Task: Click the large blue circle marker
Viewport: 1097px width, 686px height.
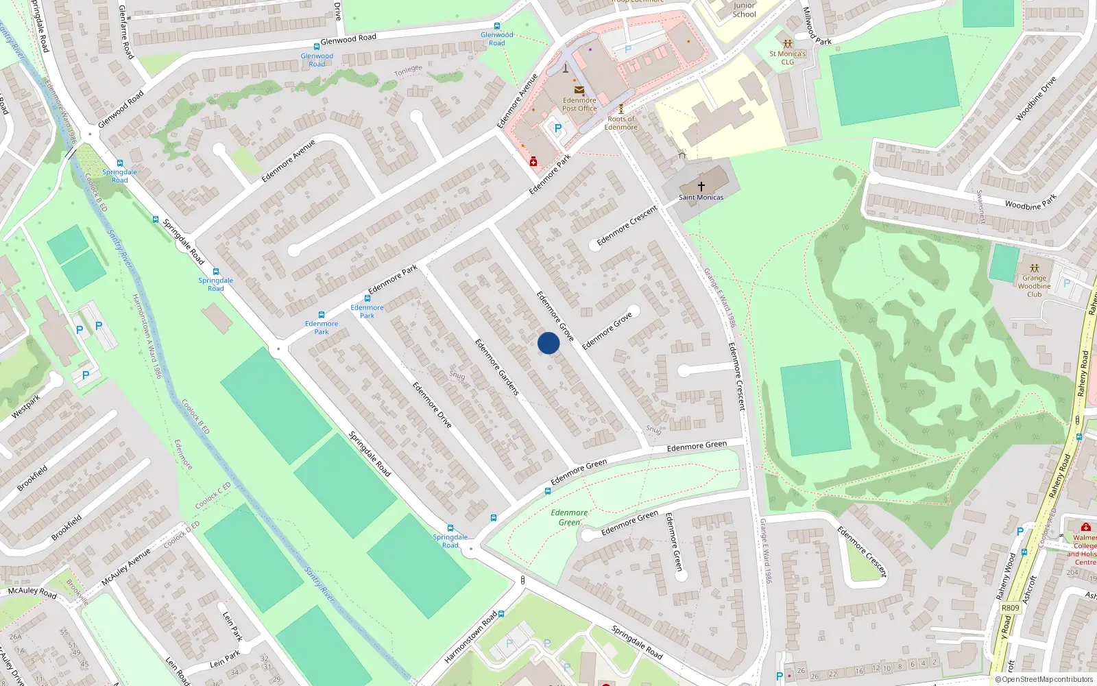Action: (548, 343)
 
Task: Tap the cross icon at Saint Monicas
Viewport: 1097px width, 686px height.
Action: (701, 187)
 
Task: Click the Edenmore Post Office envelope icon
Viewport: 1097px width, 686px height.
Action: (579, 90)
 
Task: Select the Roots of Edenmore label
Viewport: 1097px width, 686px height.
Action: (620, 123)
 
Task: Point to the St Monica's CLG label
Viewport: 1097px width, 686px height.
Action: (787, 58)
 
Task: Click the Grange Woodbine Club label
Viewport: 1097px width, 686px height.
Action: (1034, 286)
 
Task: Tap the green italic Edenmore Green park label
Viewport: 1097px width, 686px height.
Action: (569, 517)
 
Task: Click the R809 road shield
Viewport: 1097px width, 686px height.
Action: (1010, 608)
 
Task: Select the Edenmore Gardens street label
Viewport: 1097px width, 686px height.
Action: (497, 367)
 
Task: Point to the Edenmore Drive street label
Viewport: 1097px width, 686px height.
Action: (432, 405)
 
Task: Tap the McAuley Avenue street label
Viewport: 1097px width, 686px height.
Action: (125, 567)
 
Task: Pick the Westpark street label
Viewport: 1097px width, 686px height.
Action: (26, 407)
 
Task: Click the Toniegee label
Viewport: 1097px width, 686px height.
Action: (408, 71)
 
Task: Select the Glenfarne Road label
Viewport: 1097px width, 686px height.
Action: (125, 31)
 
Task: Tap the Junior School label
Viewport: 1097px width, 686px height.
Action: (744, 10)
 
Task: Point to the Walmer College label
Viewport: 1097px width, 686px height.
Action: (1084, 542)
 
